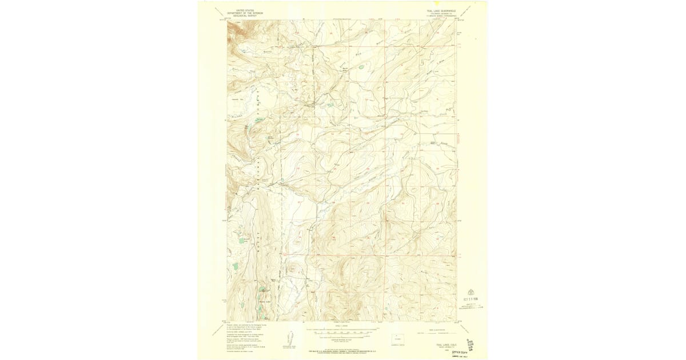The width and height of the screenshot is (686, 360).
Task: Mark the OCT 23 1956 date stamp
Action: click(470, 298)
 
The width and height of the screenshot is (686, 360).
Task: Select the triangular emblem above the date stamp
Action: click(471, 288)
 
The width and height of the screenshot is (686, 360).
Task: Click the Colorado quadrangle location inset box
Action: click(400, 338)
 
